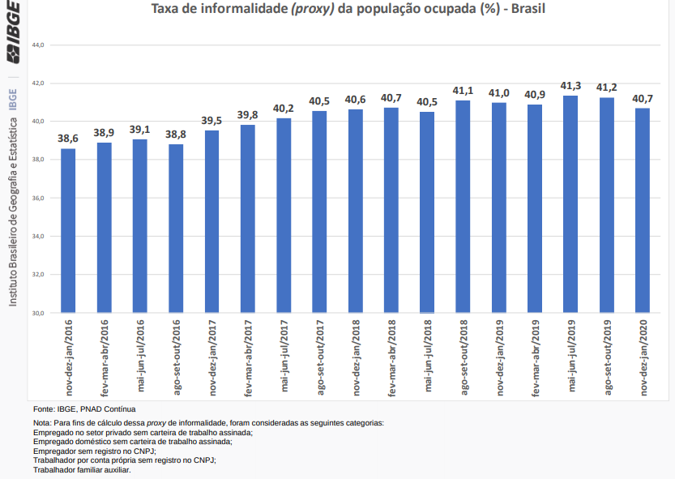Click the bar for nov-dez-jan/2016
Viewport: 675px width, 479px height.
click(68, 231)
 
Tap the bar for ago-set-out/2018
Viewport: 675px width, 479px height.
click(463, 207)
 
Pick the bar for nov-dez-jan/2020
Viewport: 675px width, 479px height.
click(642, 211)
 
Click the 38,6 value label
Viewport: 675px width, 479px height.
click(68, 139)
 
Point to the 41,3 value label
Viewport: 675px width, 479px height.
click(570, 85)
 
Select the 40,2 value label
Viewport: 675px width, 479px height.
click(284, 108)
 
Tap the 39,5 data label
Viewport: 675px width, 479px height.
click(211, 120)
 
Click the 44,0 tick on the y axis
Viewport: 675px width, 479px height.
click(37, 45)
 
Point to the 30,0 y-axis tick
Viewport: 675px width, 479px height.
click(37, 313)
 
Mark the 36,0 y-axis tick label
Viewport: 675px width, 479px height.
click(37, 198)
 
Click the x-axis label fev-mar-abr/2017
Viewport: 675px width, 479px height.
click(248, 357)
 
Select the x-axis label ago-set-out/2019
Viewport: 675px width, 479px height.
click(606, 357)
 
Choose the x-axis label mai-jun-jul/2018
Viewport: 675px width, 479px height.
click(427, 357)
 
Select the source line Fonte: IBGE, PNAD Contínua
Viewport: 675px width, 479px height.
click(84, 409)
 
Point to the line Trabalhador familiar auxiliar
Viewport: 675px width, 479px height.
click(82, 469)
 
